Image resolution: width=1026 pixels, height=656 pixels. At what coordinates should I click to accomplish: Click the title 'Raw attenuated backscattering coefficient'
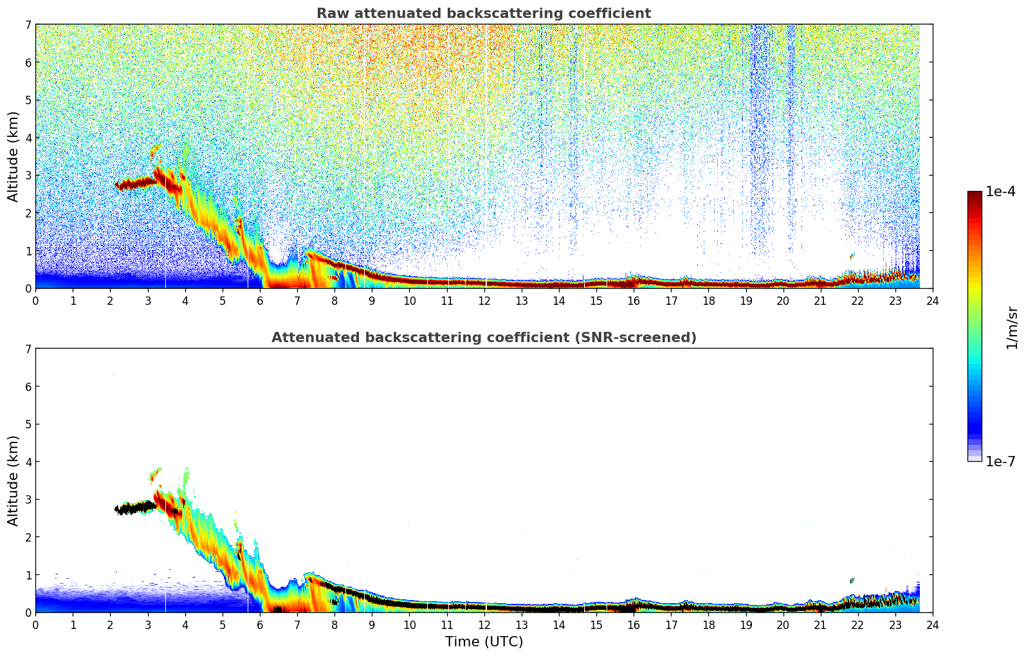[483, 14]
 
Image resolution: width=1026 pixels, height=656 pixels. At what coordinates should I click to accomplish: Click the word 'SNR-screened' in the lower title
[645, 338]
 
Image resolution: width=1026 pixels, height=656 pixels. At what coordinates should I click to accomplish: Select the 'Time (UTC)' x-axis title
[484, 642]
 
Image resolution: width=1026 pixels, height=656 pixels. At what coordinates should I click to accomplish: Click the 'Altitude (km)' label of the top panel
[14, 156]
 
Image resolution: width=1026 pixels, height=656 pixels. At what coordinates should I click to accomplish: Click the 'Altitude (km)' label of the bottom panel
[14, 480]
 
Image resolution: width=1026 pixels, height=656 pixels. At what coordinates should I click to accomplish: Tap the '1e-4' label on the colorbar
[1000, 192]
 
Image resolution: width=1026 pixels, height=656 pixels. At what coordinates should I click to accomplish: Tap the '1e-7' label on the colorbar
[1000, 461]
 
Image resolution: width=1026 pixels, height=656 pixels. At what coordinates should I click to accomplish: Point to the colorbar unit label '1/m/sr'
[1012, 327]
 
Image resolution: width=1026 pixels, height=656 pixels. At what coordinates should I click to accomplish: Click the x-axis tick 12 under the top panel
[484, 300]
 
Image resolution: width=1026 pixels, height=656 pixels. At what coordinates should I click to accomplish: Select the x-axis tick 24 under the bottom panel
[932, 624]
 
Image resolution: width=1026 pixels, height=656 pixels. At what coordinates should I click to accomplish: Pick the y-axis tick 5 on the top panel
[28, 100]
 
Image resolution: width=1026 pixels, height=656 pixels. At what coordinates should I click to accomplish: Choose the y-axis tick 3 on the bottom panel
[28, 499]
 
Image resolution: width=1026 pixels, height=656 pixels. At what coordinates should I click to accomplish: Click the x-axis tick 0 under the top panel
[35, 300]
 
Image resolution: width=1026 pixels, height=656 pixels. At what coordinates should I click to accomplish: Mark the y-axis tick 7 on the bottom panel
[28, 349]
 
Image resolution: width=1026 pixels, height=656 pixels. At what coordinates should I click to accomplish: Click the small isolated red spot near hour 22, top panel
[852, 256]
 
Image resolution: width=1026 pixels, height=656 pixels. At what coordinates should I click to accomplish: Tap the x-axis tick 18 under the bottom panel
[708, 624]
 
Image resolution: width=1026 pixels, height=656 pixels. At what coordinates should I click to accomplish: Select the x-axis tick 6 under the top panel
[260, 300]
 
